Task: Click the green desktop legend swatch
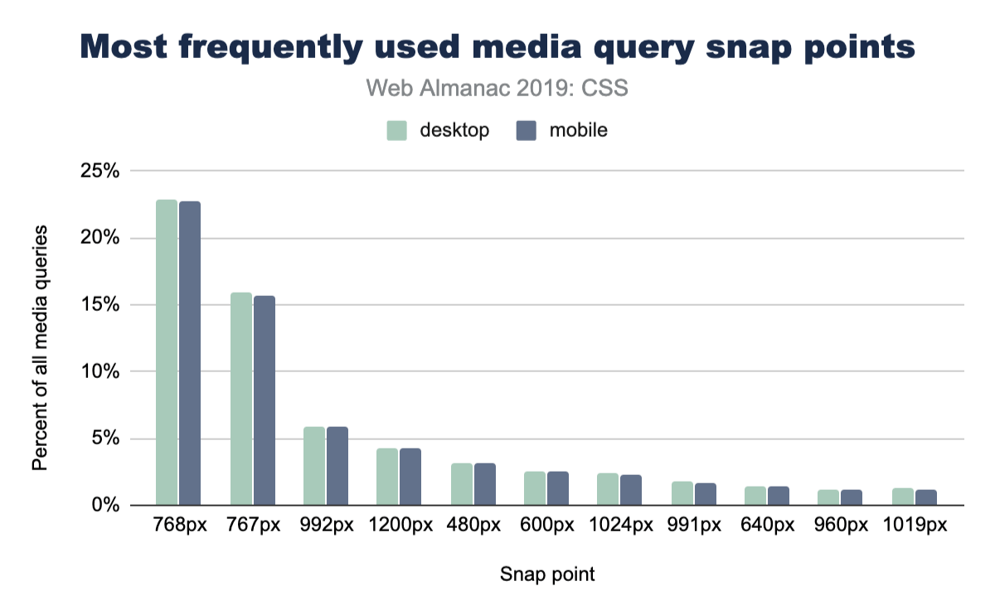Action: pos(397,130)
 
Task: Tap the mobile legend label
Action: pos(578,130)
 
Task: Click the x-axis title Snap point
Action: pos(547,574)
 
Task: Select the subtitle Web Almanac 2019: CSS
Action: pos(497,89)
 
